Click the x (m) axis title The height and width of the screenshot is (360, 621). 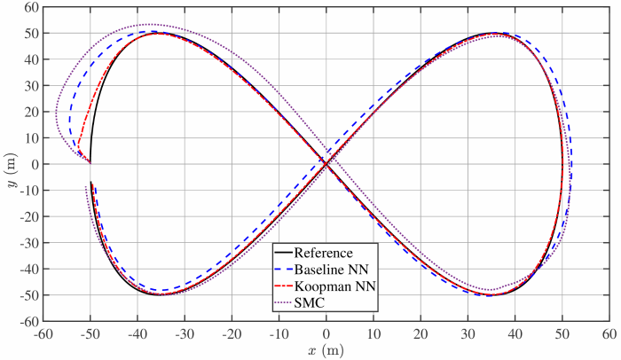click(x=326, y=351)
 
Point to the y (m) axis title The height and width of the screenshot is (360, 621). click(x=11, y=164)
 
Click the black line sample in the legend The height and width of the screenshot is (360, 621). click(x=284, y=253)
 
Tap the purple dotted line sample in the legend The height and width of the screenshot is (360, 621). click(x=284, y=301)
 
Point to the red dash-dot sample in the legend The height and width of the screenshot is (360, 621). click(x=284, y=285)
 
